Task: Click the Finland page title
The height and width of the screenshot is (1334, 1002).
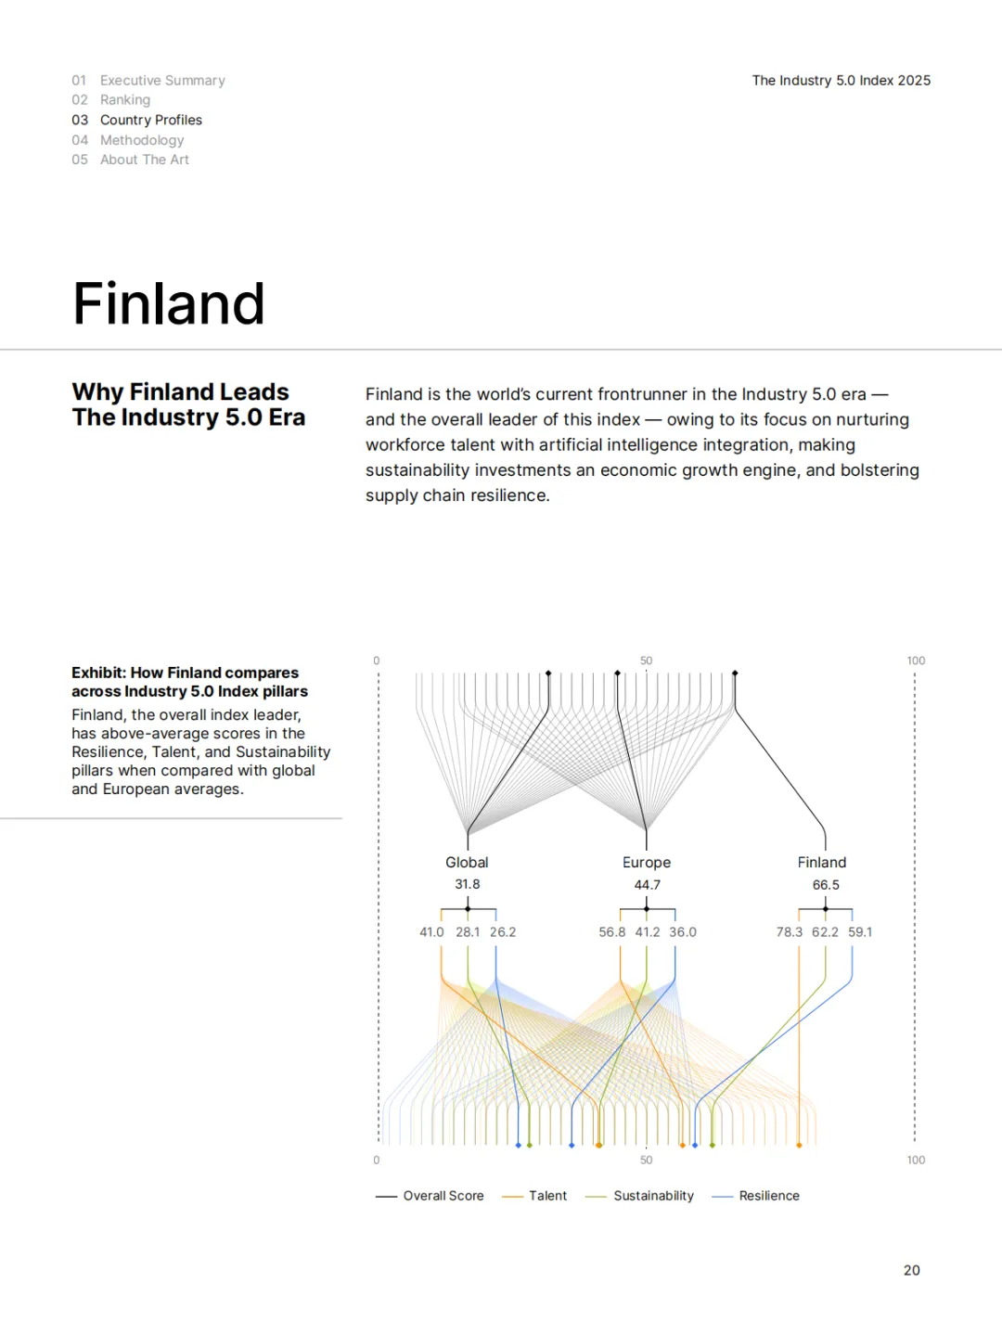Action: coord(169,304)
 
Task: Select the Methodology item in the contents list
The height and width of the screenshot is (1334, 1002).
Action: coord(142,140)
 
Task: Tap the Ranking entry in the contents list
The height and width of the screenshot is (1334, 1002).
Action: coord(125,100)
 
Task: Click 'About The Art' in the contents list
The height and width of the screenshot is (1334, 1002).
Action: coord(145,160)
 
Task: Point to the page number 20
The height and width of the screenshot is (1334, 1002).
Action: coord(911,1270)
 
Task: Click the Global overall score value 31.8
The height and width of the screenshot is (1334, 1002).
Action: coord(467,884)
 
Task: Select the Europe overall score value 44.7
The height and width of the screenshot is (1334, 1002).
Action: coord(647,884)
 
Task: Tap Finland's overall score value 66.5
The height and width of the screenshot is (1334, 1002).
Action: coord(826,884)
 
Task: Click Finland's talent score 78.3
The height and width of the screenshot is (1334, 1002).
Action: coord(789,931)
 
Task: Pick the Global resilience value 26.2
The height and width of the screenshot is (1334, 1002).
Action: coord(503,931)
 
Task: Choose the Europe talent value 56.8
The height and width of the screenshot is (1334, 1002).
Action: coord(611,931)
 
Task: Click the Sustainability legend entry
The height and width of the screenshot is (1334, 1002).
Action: coord(653,1196)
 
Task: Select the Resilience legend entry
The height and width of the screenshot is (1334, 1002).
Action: coord(769,1196)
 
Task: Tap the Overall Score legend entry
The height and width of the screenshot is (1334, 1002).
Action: coord(443,1196)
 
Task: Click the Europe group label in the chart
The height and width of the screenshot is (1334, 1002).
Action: coord(647,862)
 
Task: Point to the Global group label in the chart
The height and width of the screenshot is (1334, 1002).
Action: coord(467,862)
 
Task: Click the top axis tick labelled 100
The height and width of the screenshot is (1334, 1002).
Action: coord(916,661)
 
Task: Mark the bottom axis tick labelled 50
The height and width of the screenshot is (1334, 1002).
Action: coord(646,1160)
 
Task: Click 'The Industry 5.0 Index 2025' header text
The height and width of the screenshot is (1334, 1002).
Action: coord(841,81)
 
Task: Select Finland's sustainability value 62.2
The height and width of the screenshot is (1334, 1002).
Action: coord(825,931)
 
